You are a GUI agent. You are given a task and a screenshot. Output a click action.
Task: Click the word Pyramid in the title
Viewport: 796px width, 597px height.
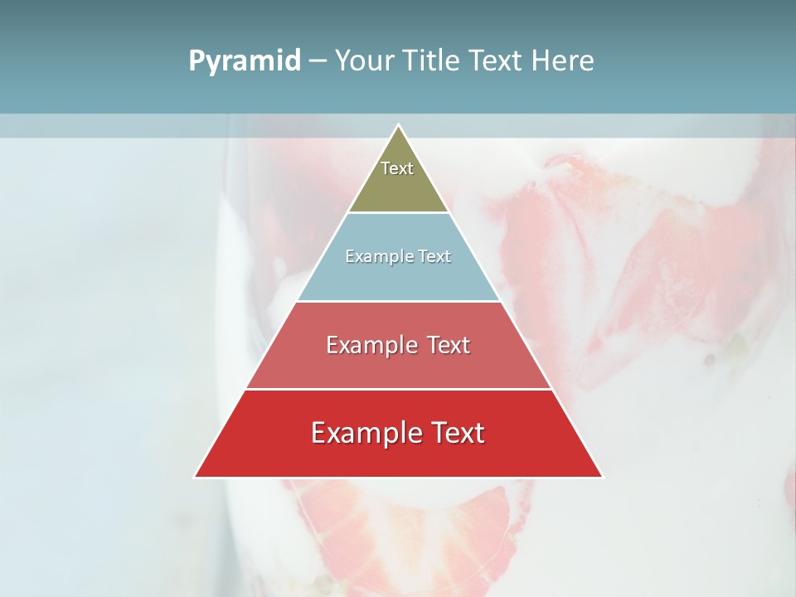point(245,61)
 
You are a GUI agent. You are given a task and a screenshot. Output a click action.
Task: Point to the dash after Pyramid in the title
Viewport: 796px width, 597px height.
point(318,61)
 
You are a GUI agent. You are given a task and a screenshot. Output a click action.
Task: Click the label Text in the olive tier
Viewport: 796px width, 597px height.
point(397,168)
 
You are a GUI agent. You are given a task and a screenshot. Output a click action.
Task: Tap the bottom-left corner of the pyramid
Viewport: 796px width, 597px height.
point(196,476)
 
